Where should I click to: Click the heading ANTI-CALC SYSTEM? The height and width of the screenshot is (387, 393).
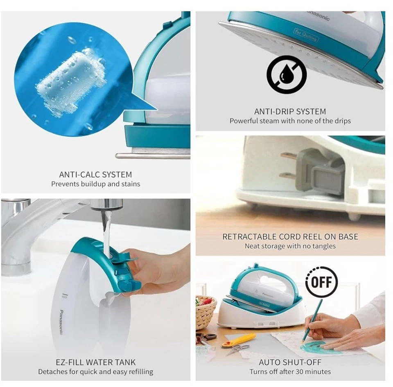pos(95,174)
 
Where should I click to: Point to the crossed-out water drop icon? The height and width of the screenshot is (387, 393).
pos(287,75)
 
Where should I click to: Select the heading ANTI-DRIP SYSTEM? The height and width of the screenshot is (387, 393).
pos(290,111)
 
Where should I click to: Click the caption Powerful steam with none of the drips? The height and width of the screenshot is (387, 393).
pos(290,121)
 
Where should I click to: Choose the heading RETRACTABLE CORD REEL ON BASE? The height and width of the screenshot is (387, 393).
pos(290,237)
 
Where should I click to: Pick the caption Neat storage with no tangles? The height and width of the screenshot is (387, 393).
pos(290,246)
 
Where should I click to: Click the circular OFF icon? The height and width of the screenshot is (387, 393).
pos(321,282)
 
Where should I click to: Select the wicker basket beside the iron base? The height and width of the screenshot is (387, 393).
pos(206,311)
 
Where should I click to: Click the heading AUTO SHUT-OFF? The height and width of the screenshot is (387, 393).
pos(290,362)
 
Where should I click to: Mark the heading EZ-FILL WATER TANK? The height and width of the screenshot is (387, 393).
pos(95,362)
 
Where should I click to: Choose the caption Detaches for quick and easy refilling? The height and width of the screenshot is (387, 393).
pos(95,372)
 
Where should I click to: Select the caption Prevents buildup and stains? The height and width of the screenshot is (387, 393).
pos(95,184)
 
